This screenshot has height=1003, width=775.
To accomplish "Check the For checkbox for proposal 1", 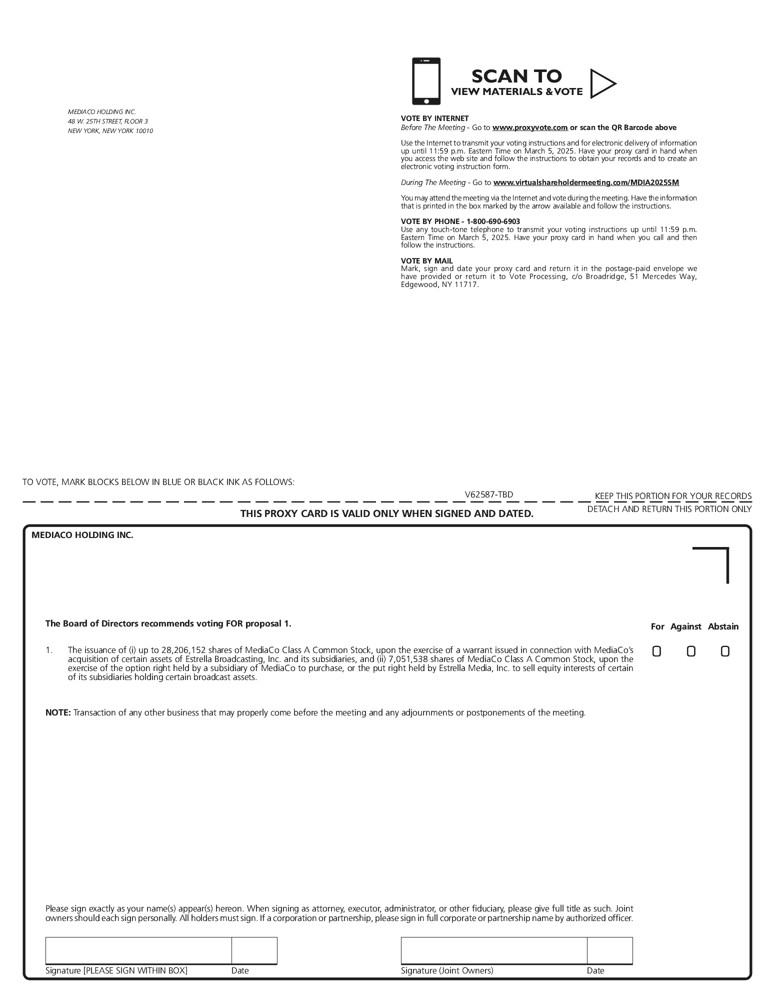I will (656, 651).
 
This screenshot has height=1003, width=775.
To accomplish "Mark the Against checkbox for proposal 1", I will (691, 651).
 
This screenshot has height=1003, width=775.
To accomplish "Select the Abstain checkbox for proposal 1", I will (725, 651).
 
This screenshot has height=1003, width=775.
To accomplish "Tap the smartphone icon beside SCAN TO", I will (426, 81).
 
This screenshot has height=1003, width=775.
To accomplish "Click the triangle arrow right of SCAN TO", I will (602, 83).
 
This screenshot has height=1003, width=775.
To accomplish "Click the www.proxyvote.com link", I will (530, 127).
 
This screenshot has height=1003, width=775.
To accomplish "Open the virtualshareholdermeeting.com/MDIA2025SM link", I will (586, 182).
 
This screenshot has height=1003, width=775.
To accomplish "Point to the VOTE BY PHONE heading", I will (460, 221).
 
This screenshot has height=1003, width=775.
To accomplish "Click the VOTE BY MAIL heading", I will (426, 261).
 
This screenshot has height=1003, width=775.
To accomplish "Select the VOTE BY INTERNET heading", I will (434, 118).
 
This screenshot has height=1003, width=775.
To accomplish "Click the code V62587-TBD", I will (488, 494).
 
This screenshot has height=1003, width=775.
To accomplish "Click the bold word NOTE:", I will (58, 712).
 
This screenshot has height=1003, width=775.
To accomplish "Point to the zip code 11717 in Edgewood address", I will (466, 284).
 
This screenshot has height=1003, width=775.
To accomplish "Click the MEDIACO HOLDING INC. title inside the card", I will (82, 535).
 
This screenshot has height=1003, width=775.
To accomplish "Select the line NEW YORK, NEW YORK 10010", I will (110, 131).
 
